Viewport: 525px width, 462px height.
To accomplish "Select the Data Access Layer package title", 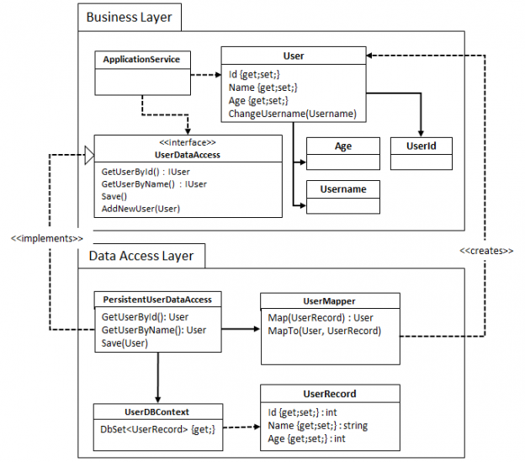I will click(x=141, y=255).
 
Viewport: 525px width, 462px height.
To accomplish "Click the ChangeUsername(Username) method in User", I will click(x=292, y=114).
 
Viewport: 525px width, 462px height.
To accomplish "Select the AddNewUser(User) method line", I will click(x=141, y=208).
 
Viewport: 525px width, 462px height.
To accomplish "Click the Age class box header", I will click(x=343, y=146).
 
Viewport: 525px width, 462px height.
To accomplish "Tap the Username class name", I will click(x=343, y=189).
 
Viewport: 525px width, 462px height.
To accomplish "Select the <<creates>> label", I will click(x=486, y=251).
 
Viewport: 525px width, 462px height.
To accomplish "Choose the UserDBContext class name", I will click(x=158, y=412).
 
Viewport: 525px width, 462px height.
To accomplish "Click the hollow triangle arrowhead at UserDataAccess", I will click(x=87, y=153).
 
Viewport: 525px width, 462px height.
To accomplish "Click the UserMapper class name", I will click(x=329, y=300).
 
